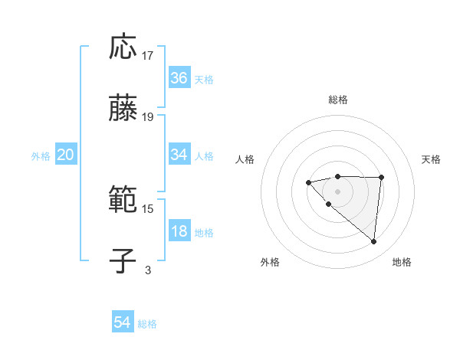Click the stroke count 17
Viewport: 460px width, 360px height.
pos(148,56)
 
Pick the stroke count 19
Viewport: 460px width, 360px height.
pos(148,117)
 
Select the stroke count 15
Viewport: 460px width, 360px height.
pos(148,208)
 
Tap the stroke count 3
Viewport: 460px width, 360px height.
pos(148,270)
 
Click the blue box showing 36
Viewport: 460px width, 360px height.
pos(179,77)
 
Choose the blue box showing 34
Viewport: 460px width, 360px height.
pos(179,155)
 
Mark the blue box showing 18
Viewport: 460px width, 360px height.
pos(179,231)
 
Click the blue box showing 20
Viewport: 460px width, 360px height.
pos(66,155)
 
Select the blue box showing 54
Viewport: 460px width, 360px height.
pos(123,323)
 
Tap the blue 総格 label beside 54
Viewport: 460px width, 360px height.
pos(147,324)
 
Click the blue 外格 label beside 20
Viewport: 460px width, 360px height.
pos(41,156)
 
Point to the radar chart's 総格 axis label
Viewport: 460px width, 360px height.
pos(338,100)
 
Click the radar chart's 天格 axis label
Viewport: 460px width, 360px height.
pos(431,159)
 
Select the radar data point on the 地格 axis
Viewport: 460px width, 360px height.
pos(374,242)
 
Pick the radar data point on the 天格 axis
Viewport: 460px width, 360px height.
pos(382,178)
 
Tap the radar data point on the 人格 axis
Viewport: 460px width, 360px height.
pos(308,182)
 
